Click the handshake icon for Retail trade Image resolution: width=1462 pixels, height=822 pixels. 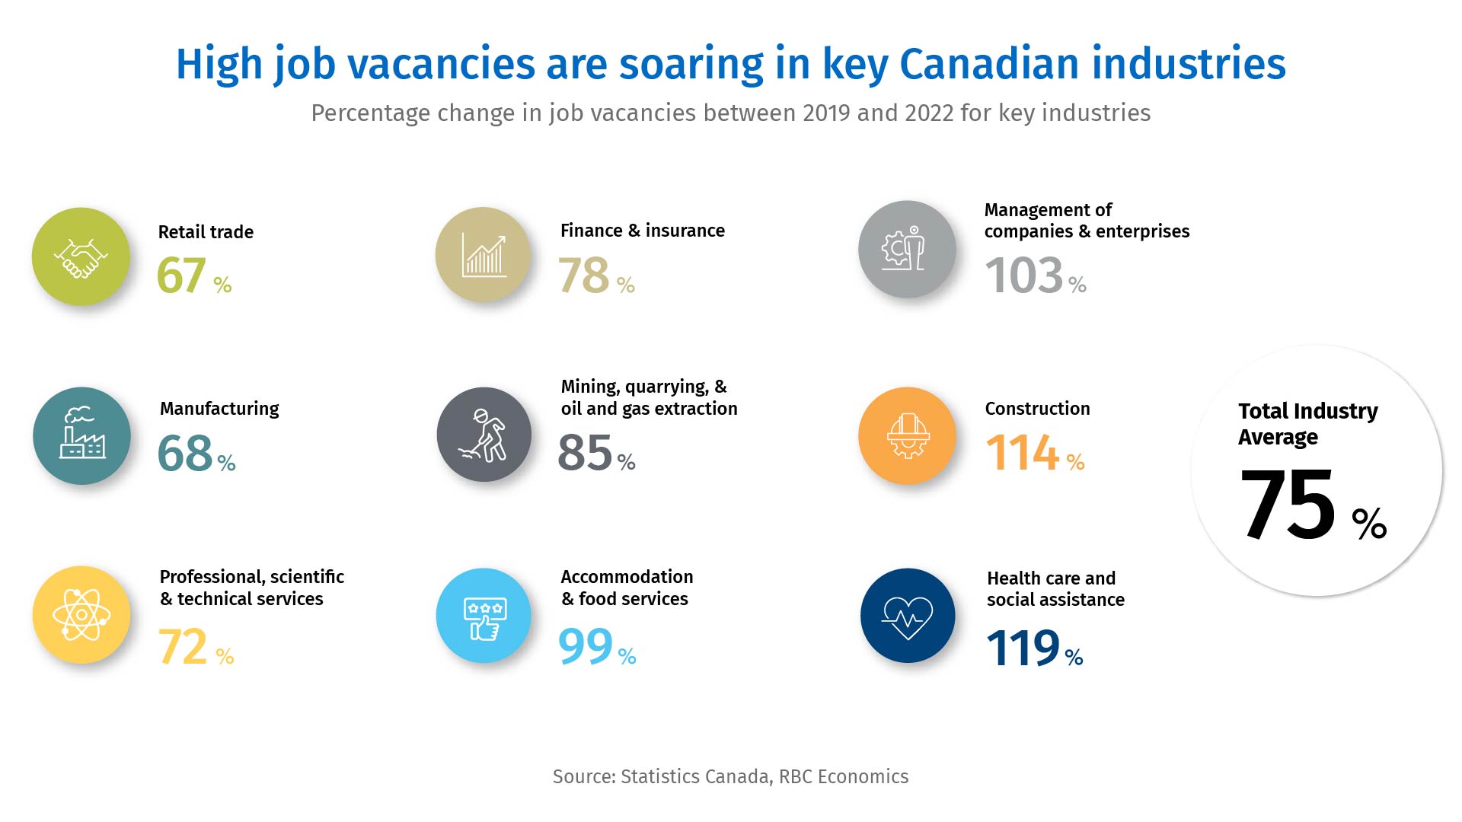[81, 257]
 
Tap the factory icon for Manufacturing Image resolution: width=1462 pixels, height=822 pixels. [81, 436]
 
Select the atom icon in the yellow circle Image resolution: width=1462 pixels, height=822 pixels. [81, 615]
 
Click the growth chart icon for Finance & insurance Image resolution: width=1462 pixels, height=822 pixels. [484, 254]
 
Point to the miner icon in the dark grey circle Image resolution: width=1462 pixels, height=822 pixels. [484, 435]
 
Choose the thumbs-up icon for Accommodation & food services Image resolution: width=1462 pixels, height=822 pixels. [484, 616]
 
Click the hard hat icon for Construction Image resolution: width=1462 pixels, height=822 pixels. [907, 436]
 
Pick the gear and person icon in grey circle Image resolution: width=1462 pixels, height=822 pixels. [906, 249]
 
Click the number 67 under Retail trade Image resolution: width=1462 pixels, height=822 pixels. [181, 276]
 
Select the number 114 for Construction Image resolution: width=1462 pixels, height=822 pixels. [1022, 453]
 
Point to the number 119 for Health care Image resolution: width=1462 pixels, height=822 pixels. [1023, 648]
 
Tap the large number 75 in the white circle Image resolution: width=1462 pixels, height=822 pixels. [1287, 505]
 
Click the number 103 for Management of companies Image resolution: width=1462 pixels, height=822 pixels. [1023, 276]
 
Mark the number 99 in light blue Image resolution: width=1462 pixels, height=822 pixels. [585, 647]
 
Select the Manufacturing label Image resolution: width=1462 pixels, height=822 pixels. [219, 409]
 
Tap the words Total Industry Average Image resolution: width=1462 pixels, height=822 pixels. [1307, 424]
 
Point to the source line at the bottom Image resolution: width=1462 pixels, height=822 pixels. [730, 776]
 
